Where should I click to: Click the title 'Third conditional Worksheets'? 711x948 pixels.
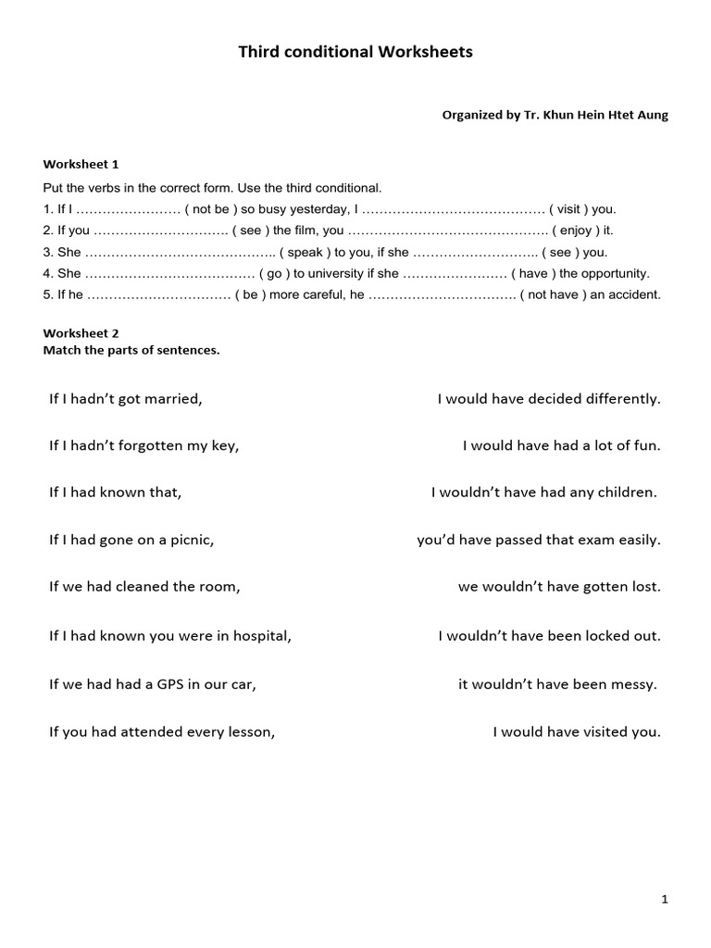point(355,53)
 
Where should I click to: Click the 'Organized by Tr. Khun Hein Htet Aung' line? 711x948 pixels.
point(555,116)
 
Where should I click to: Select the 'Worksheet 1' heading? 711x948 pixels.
point(81,164)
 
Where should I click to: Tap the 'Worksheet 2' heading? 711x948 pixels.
point(81,332)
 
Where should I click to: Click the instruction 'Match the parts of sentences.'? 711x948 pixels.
point(131,350)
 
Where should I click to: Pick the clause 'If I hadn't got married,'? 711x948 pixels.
point(125,399)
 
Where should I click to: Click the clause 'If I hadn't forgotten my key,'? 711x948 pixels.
point(143,445)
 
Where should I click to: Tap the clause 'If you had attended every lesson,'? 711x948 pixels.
point(162,732)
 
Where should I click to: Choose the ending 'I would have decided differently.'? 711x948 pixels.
point(549,399)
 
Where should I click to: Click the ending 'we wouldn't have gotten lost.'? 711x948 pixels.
point(559,587)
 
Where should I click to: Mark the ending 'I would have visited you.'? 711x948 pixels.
point(576,732)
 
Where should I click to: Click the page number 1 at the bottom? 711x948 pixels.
point(665,899)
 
